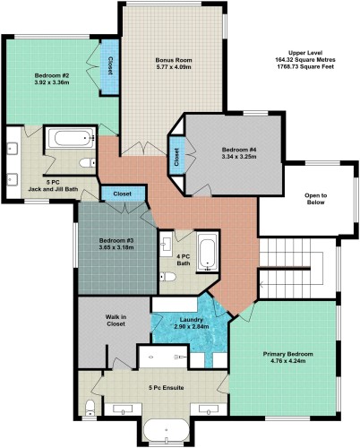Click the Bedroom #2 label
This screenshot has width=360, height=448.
click(51, 76)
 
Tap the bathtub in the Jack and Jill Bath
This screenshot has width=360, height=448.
click(69, 139)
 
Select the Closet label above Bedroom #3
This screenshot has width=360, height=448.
click(123, 194)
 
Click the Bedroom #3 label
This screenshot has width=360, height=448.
click(116, 241)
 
